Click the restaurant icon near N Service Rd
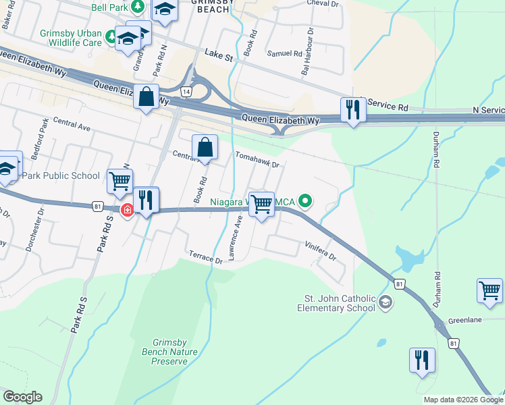point(352,109)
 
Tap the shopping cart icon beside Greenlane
point(489,290)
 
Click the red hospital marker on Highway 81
point(126,211)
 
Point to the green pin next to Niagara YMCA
point(305,200)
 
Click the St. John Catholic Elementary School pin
point(385,301)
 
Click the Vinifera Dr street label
point(319,250)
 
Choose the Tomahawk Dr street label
point(257,159)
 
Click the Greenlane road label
point(466,320)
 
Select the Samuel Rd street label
point(284,53)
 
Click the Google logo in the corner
point(22,396)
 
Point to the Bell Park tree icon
point(138,6)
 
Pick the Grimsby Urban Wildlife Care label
point(71,37)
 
